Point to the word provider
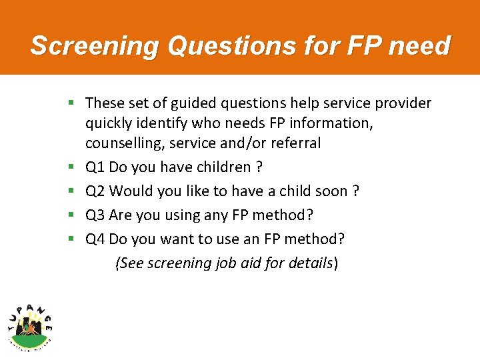pyautogui.click(x=404, y=103)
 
